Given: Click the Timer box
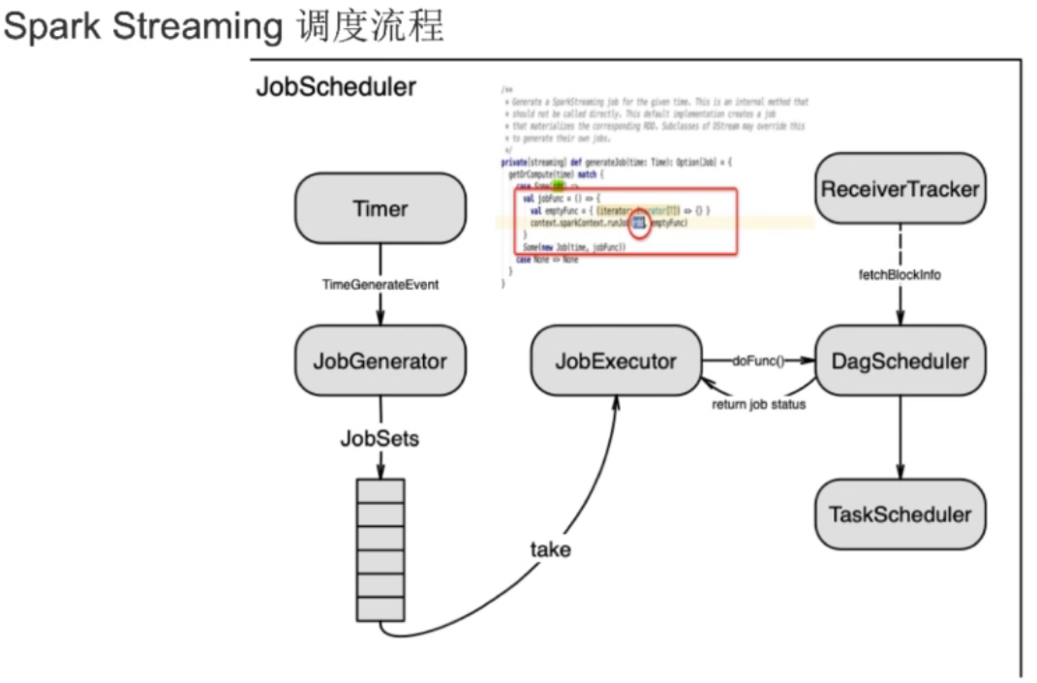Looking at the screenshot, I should click(381, 208).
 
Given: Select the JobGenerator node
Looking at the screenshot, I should click(381, 361).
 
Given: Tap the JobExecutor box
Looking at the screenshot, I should click(616, 361).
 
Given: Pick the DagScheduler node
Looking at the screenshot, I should click(900, 361).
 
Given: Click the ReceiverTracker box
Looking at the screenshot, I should click(900, 189).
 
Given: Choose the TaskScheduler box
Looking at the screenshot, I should click(900, 513).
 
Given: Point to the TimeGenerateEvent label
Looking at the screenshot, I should click(380, 285).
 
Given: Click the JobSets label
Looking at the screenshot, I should click(380, 438).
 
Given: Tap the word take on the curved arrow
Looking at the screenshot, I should click(550, 549).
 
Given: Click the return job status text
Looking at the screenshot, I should click(758, 404).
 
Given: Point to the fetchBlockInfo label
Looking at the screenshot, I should click(900, 275).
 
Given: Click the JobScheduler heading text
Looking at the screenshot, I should click(336, 86).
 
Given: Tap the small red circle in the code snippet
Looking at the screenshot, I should click(639, 225).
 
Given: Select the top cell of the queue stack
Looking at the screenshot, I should click(380, 489).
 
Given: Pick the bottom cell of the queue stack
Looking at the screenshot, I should click(380, 609).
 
